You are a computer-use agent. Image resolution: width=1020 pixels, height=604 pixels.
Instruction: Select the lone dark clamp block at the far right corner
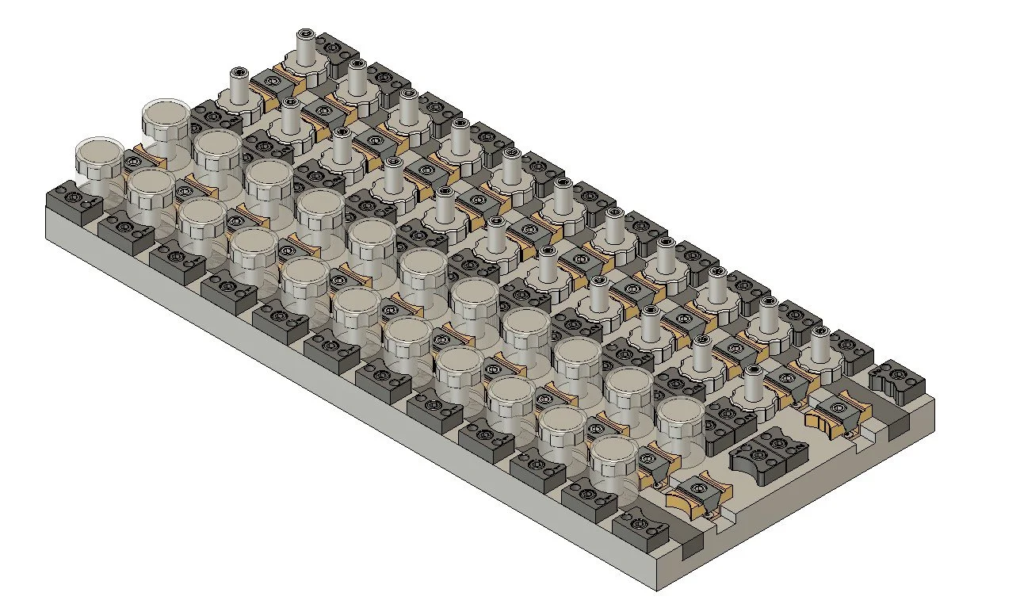point(897,380)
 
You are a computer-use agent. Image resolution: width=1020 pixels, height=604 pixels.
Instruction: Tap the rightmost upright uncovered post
point(820,345)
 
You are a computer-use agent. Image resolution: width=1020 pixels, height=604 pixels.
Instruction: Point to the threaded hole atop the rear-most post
point(305,35)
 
